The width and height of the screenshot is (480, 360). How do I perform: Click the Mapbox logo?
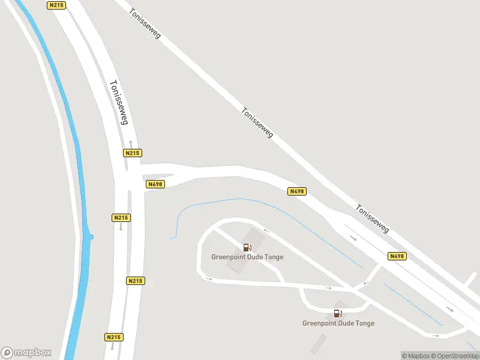click(26, 353)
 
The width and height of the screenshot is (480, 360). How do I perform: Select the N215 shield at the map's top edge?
click(56, 5)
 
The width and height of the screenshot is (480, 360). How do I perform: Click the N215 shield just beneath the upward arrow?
click(133, 153)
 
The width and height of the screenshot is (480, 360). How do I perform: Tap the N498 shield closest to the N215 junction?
click(155, 184)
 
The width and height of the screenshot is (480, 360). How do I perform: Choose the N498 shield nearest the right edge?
click(397, 256)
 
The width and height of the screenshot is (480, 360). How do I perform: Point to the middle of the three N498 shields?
click(297, 191)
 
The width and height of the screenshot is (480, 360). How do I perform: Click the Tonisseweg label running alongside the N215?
click(118, 103)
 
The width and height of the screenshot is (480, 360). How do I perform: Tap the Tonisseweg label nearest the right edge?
click(373, 219)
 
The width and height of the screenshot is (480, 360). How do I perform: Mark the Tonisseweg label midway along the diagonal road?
click(257, 122)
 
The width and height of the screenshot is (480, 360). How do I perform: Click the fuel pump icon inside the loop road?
click(247, 247)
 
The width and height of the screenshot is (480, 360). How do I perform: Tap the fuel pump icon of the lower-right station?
click(337, 313)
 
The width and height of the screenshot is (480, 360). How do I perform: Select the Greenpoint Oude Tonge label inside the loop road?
click(247, 257)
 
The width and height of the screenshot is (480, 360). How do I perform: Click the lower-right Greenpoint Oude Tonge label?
click(338, 323)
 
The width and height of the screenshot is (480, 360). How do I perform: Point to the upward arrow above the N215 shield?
click(130, 144)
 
